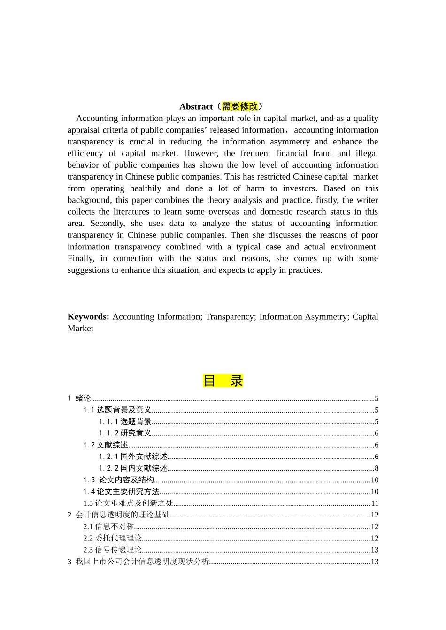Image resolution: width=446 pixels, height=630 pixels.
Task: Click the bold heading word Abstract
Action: pos(196,106)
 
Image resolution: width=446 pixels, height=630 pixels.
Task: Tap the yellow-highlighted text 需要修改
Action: pos(240,106)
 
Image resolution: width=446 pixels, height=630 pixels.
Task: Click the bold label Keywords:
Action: pos(88,317)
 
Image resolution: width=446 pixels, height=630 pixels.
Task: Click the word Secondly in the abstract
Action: pos(108,224)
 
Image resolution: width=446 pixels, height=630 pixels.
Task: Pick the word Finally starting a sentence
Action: pos(81,258)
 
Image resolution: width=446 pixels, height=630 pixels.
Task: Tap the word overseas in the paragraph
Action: pos(224,212)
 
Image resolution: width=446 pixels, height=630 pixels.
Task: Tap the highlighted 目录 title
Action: pos(223,381)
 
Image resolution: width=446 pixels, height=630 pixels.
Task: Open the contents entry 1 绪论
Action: pos(79,398)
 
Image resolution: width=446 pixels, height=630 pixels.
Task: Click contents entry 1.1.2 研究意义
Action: pos(125,433)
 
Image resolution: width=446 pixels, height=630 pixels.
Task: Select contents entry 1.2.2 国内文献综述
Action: pos(133,468)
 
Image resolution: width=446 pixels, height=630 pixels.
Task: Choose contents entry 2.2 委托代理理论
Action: pos(113,538)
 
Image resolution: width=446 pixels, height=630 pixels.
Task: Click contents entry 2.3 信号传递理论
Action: pos(113,550)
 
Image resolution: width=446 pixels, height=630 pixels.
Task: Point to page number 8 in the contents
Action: pos(377,468)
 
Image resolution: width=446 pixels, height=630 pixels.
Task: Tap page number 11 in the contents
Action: pos(375,503)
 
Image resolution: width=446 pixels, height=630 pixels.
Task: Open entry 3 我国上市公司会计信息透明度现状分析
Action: pos(138,562)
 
